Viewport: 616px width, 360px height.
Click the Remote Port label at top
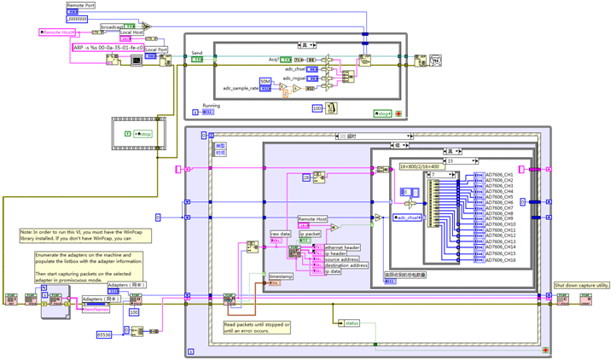point(81,5)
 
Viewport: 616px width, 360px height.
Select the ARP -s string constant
point(108,48)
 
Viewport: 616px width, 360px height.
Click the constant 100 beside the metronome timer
point(317,108)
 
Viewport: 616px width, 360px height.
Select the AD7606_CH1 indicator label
point(500,175)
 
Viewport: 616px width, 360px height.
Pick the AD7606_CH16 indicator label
point(501,258)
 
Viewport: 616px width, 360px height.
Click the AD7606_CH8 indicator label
point(500,214)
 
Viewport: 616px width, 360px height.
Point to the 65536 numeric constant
point(104,335)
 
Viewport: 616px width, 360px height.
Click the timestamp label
point(281,278)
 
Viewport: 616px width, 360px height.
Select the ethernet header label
point(341,247)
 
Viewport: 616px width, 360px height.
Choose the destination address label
point(346,264)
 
